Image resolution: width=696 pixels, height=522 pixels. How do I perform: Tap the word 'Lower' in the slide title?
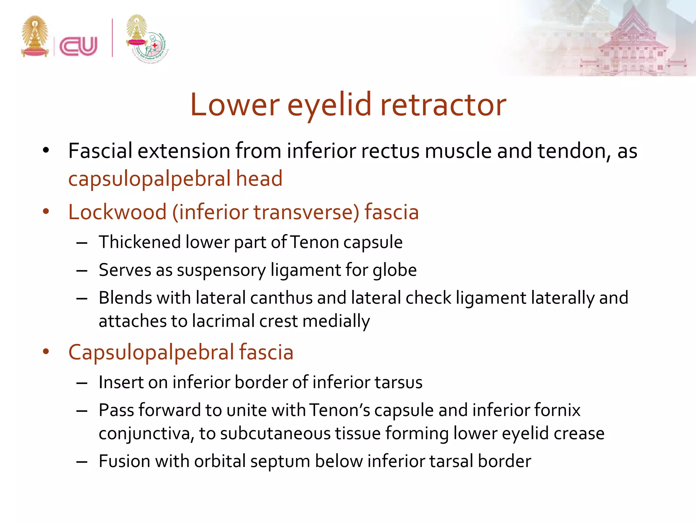pyautogui.click(x=235, y=105)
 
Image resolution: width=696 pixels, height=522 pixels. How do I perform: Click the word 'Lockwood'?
pyautogui.click(x=117, y=212)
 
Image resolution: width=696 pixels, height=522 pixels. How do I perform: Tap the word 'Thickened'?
pyautogui.click(x=140, y=242)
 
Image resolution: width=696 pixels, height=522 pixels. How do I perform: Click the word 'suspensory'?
pyautogui.click(x=221, y=271)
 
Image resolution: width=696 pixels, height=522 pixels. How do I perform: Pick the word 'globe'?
pyautogui.click(x=395, y=271)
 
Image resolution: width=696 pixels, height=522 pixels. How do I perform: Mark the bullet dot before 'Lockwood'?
pyautogui.click(x=46, y=212)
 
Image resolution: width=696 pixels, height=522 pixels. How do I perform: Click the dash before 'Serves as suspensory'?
pyautogui.click(x=82, y=271)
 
